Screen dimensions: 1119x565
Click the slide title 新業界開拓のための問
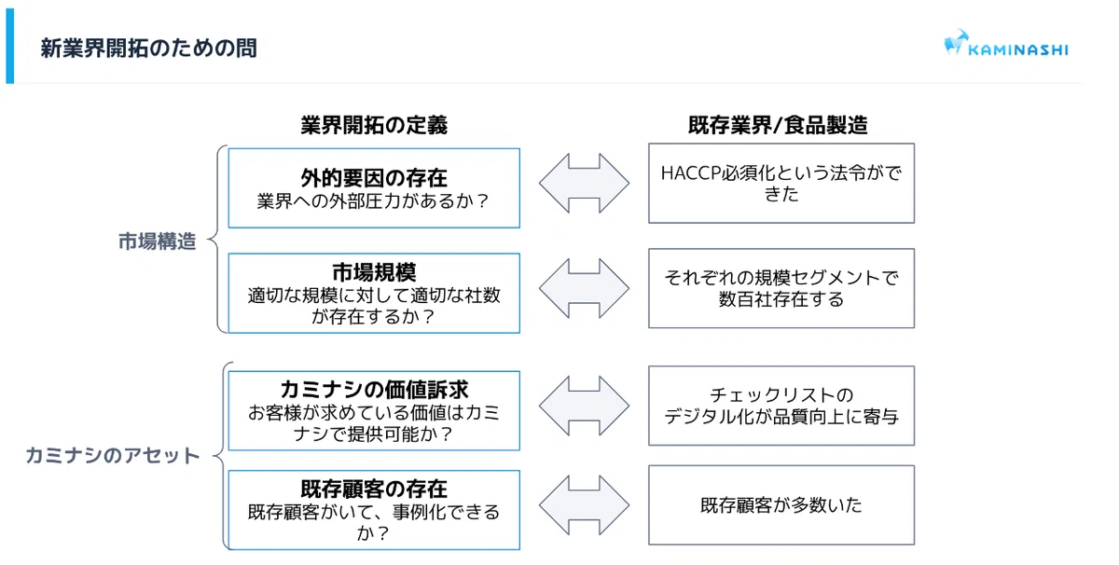coord(149,48)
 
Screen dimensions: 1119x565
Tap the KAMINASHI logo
coord(1006,44)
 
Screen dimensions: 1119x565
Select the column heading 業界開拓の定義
coord(374,125)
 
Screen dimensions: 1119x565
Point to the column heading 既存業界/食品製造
coord(778,125)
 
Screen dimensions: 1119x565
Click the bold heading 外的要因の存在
coord(374,178)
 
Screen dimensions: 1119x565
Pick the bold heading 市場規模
coord(374,273)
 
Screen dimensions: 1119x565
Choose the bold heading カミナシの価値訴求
coord(374,390)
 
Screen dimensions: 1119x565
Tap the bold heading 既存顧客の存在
coord(374,489)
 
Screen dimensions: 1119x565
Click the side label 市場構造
coord(158,241)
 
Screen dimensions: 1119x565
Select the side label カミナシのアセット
coord(113,455)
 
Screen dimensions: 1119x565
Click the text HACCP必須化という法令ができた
coord(781,184)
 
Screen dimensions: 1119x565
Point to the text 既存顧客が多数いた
coord(781,505)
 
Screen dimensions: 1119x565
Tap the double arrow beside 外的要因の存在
coord(584,183)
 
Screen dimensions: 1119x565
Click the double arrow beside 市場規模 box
coord(584,288)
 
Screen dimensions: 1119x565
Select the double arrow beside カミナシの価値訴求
coord(584,406)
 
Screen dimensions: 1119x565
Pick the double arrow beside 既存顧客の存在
coord(584,504)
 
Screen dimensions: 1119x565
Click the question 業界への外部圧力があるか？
coord(374,200)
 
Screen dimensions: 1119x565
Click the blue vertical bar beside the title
coord(10,46)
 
